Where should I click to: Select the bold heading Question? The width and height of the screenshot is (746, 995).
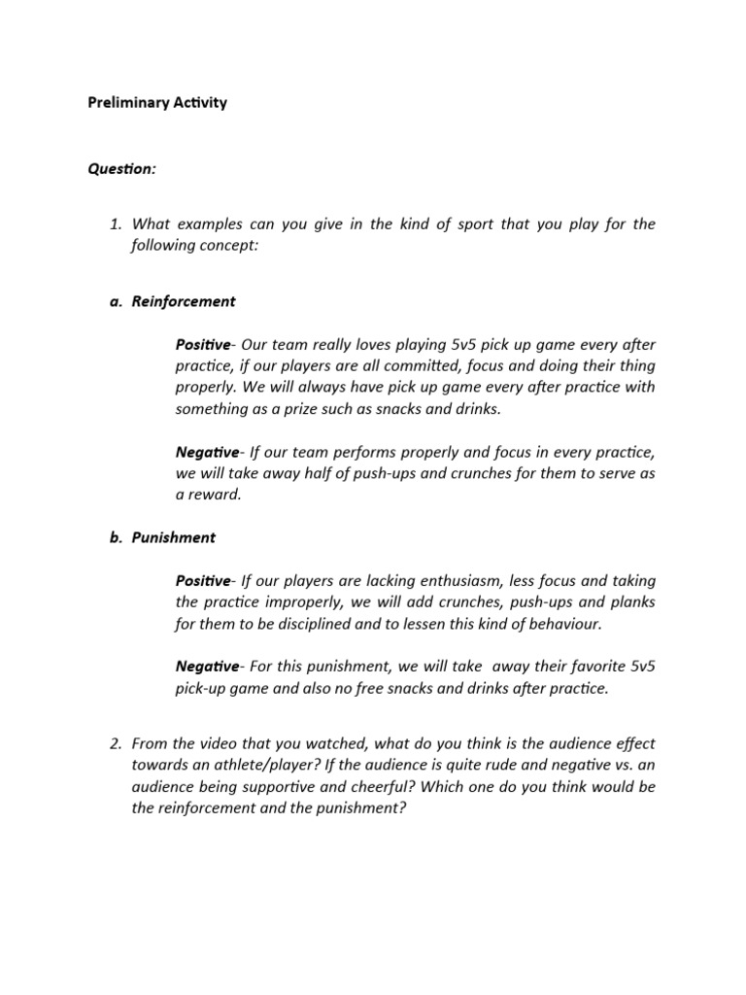(x=121, y=169)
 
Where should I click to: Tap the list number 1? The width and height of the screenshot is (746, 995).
(x=115, y=224)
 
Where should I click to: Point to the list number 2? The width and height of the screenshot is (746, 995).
(x=115, y=744)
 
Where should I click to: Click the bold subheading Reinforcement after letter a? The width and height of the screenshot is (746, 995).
(x=184, y=301)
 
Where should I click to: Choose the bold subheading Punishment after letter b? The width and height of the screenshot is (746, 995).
(x=174, y=537)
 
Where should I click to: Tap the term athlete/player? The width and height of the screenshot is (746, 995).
(x=247, y=766)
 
